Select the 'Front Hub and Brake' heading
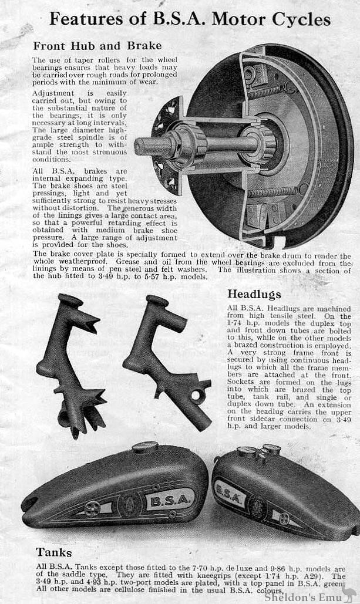(x=97, y=45)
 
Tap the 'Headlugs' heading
(x=254, y=293)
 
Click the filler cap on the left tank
(x=144, y=447)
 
